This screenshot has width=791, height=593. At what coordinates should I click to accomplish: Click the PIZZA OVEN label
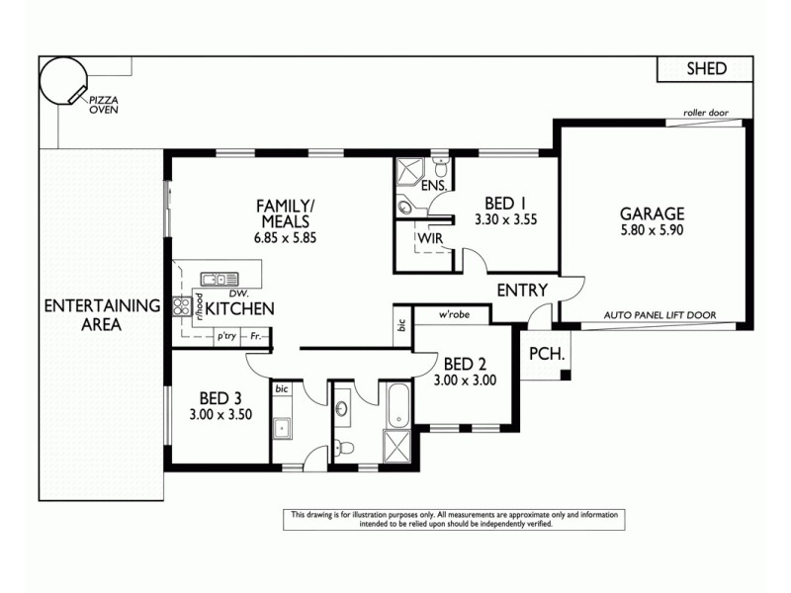tap(104, 105)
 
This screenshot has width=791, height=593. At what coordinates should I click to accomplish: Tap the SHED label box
tap(706, 68)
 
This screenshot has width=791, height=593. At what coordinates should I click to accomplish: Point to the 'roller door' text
tap(705, 114)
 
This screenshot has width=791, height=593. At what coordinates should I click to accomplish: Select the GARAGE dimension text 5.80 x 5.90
tap(652, 230)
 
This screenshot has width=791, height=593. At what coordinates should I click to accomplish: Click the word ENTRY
tap(523, 290)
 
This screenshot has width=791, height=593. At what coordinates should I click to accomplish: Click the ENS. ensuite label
tap(434, 186)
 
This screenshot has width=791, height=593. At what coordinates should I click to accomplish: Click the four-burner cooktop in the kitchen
tap(183, 307)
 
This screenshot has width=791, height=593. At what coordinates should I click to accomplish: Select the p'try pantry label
tap(227, 337)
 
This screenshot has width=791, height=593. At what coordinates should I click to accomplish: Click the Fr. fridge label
tap(256, 337)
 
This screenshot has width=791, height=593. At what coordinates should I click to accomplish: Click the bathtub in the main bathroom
tap(399, 404)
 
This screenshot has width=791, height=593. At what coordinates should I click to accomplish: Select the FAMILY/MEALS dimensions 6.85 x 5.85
tap(285, 238)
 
